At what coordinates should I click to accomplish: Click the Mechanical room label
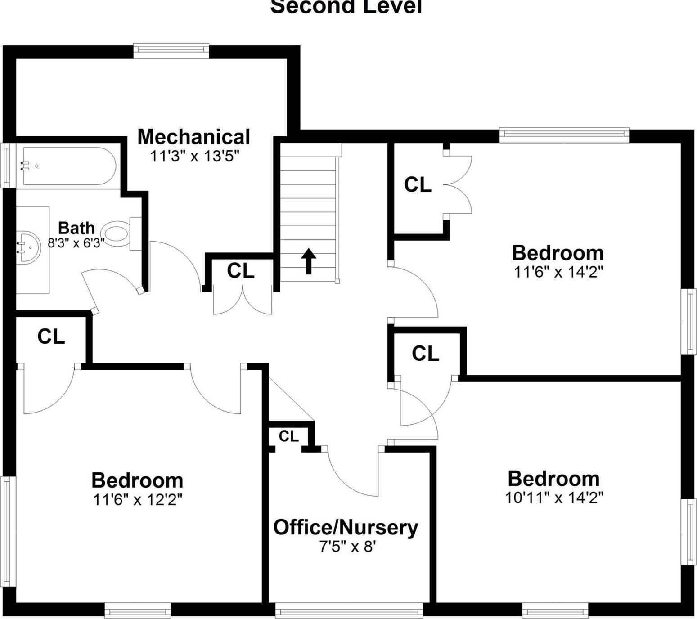coord(193,137)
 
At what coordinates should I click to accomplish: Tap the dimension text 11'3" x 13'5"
coord(194,157)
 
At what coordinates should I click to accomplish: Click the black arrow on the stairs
coord(309,260)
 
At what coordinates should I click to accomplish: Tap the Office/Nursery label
coord(346,527)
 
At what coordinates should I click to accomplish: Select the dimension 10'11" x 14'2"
coord(554,498)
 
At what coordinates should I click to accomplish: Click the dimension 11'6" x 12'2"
coord(138,499)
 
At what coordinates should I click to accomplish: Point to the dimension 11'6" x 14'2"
coord(558,272)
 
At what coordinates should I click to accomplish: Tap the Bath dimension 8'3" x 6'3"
coord(76,243)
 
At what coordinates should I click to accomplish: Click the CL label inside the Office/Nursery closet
coord(288,436)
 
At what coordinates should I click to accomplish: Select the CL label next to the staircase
coord(240,271)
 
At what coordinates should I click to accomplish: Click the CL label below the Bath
coord(51,336)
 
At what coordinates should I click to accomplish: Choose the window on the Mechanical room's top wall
coord(171,51)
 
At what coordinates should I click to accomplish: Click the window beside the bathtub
coord(8,165)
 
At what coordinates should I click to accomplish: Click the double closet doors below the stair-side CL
coord(243,301)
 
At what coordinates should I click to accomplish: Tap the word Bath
coord(76,228)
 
